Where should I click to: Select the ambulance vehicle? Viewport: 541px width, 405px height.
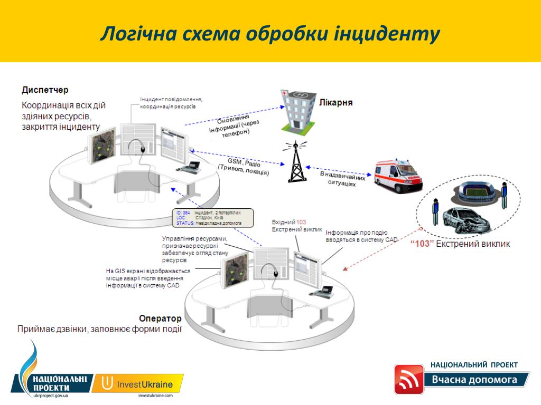398,175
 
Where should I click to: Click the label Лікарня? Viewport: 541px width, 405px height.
335,102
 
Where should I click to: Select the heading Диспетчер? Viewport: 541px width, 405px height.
45,90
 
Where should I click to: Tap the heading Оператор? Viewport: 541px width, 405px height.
160,319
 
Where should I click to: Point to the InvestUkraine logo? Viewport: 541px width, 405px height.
138,384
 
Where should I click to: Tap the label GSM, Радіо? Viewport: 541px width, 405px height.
244,162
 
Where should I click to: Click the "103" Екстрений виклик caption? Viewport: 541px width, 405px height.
460,244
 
